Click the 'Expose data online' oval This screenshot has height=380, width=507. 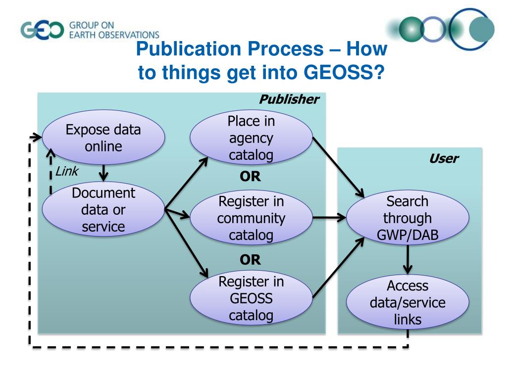point(103,138)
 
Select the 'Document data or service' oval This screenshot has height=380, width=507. point(103,210)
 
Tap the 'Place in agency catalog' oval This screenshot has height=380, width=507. point(251,138)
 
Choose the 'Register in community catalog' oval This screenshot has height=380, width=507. point(251,218)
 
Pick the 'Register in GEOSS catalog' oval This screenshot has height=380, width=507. point(251,298)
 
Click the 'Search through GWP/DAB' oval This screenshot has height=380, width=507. point(407,218)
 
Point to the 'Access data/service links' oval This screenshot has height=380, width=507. point(407,302)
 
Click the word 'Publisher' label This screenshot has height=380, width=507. point(289,99)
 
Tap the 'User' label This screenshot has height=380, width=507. point(443,159)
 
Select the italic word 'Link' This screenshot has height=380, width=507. point(66,172)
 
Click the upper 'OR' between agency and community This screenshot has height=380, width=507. point(250,177)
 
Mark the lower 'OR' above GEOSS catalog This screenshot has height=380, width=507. point(250,259)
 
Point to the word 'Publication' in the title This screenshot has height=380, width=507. point(186,49)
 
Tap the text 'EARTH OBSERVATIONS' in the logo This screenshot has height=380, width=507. point(114,35)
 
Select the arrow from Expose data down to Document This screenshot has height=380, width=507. point(103,172)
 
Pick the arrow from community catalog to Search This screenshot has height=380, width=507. point(329,217)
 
